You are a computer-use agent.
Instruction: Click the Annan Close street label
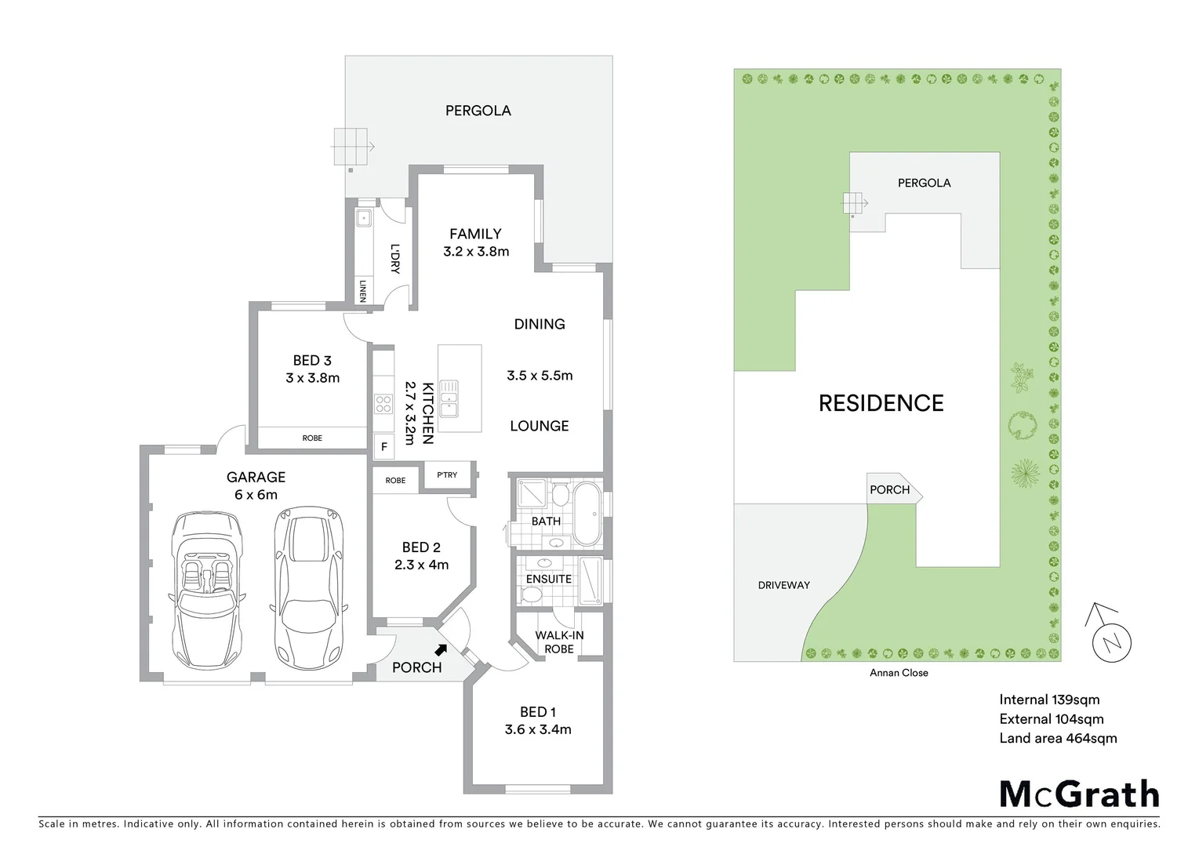(899, 673)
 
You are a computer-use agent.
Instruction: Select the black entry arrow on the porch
(441, 649)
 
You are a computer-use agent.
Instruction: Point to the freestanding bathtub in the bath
(587, 514)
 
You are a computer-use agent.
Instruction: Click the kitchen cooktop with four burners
(383, 404)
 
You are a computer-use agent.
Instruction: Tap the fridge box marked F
(384, 447)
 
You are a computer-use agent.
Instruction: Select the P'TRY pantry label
(447, 475)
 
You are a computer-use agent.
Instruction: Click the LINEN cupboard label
(362, 291)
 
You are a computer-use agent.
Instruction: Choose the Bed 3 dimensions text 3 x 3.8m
(312, 378)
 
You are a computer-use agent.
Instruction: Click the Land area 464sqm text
(1058, 738)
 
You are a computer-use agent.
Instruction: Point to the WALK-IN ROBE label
(559, 642)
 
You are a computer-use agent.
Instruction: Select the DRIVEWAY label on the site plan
(783, 585)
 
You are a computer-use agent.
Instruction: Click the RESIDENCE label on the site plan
(881, 403)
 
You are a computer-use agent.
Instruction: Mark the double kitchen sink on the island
(449, 398)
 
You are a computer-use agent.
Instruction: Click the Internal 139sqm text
(1049, 700)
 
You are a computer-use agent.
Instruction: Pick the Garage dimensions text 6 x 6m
(256, 495)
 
